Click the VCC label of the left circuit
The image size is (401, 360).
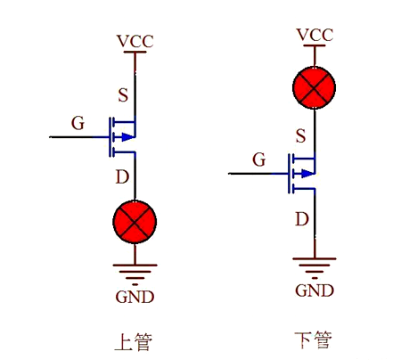click(x=135, y=41)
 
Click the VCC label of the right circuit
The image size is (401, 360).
click(x=315, y=35)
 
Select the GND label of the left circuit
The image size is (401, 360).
click(x=135, y=296)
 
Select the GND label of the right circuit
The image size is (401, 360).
click(x=315, y=290)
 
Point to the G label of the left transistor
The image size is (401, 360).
click(x=78, y=123)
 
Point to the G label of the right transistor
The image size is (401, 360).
click(x=259, y=160)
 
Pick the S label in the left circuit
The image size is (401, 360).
click(x=123, y=94)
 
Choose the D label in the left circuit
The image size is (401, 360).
click(x=122, y=177)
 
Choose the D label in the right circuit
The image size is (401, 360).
click(x=302, y=217)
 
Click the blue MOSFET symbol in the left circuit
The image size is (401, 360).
click(x=122, y=136)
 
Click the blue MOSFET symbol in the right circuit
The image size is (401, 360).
click(x=303, y=173)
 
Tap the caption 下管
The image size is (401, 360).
click(x=313, y=340)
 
